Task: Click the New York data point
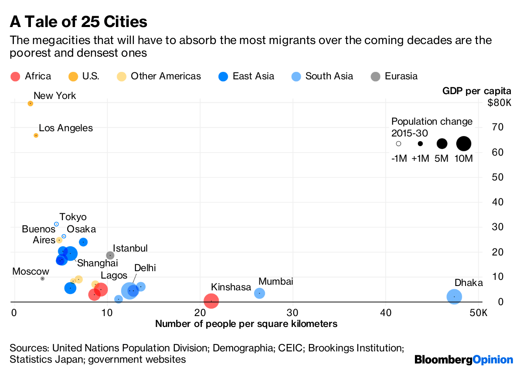tap(31, 103)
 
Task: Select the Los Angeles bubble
tap(36, 136)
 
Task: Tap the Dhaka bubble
tap(454, 297)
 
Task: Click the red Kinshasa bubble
tap(211, 301)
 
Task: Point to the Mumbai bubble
tap(259, 293)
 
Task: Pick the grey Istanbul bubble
tap(110, 255)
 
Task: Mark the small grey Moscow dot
tap(42, 279)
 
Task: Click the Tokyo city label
tap(73, 217)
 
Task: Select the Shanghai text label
tap(97, 263)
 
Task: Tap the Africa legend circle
tap(15, 77)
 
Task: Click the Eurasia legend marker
tap(376, 77)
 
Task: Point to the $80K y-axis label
tap(499, 103)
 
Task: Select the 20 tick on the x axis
tap(200, 313)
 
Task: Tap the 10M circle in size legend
tap(464, 143)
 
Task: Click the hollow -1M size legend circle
tap(398, 143)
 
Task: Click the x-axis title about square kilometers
tap(246, 324)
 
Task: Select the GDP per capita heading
tap(476, 91)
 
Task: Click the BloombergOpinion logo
tap(464, 360)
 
